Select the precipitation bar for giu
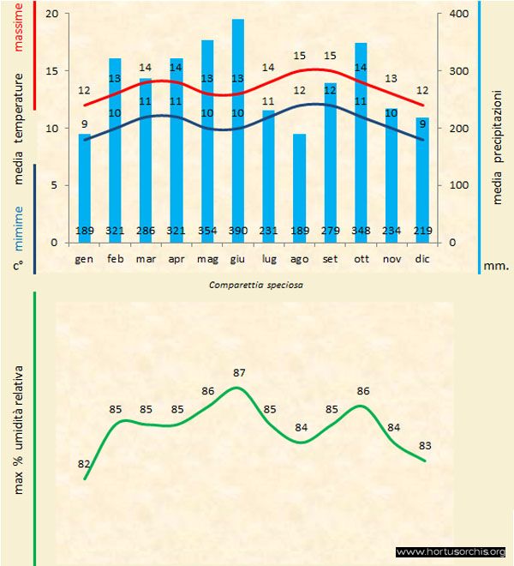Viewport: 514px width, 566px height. (237, 129)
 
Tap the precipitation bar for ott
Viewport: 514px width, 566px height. (361, 137)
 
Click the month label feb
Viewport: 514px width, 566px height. (115, 258)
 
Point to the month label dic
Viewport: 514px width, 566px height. (422, 258)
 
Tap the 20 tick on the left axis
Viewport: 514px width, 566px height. (54, 15)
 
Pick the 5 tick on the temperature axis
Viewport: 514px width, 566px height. (57, 185)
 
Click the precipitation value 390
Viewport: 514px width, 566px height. (238, 231)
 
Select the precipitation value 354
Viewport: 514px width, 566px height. (207, 231)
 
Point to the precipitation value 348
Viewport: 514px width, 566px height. (361, 231)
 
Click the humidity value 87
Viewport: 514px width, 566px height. (239, 373)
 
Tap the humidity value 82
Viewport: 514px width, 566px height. (84, 464)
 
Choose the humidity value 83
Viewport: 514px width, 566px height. (425, 445)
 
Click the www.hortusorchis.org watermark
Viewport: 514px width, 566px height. (451, 551)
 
